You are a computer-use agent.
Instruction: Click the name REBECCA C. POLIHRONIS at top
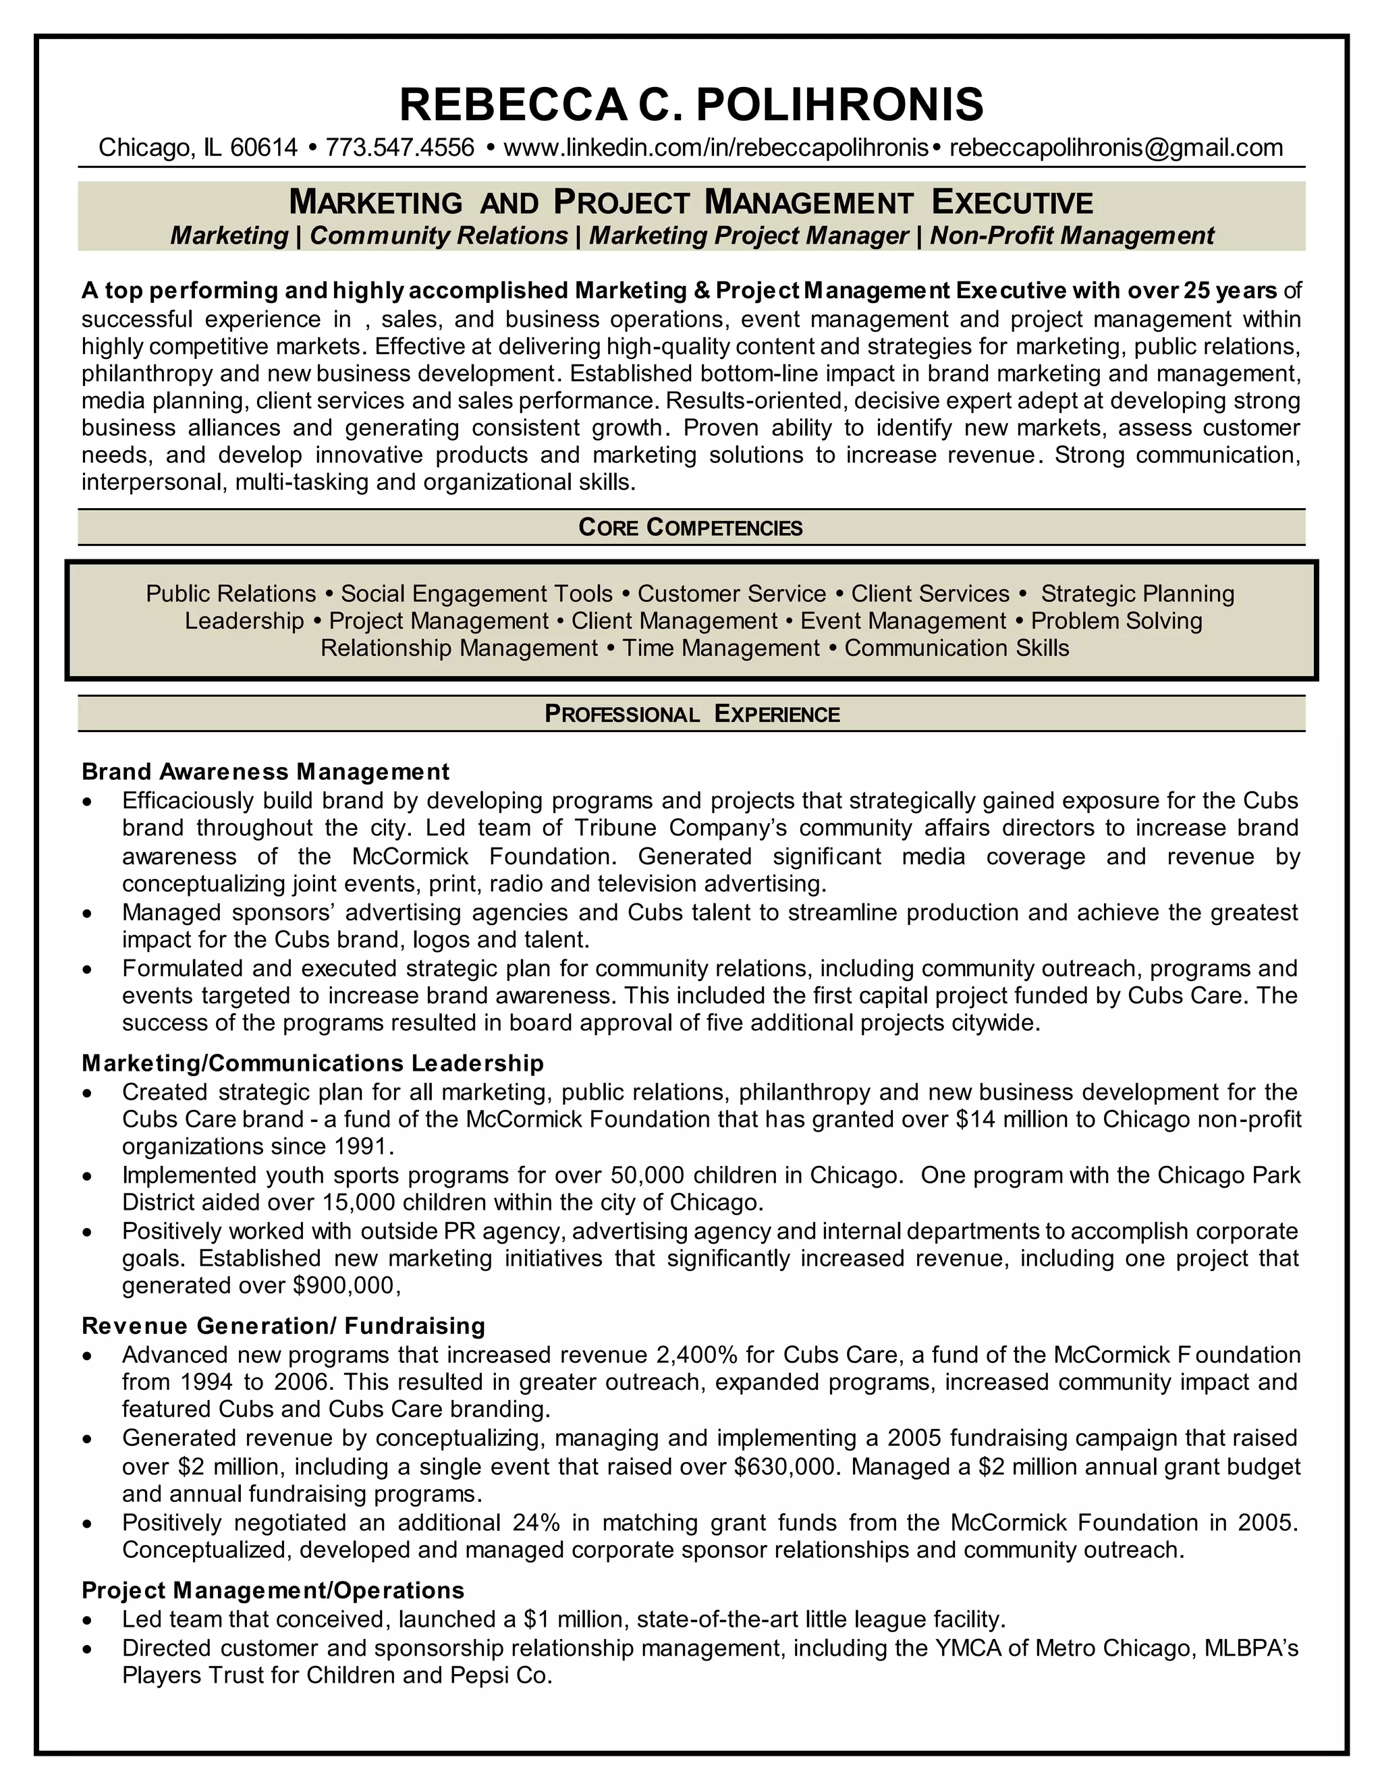(690, 105)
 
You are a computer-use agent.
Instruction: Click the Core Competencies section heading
(690, 527)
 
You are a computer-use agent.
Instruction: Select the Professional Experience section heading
(692, 714)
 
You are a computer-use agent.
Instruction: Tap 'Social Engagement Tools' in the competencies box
(476, 594)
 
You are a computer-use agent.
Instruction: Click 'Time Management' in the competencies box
(721, 648)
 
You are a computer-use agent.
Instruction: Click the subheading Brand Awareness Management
(265, 771)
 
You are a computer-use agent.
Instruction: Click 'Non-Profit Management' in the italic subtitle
(1072, 235)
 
